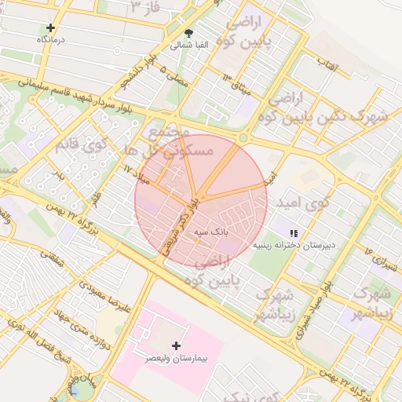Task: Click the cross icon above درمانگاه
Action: [x=51, y=27]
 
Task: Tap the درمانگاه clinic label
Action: [x=51, y=38]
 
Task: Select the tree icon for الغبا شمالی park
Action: [x=188, y=34]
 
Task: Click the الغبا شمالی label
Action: [x=189, y=46]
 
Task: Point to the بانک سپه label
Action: [x=211, y=232]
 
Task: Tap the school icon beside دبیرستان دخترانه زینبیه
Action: [x=294, y=233]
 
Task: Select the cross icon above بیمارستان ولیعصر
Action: [x=176, y=345]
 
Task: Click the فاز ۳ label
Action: [x=144, y=9]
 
